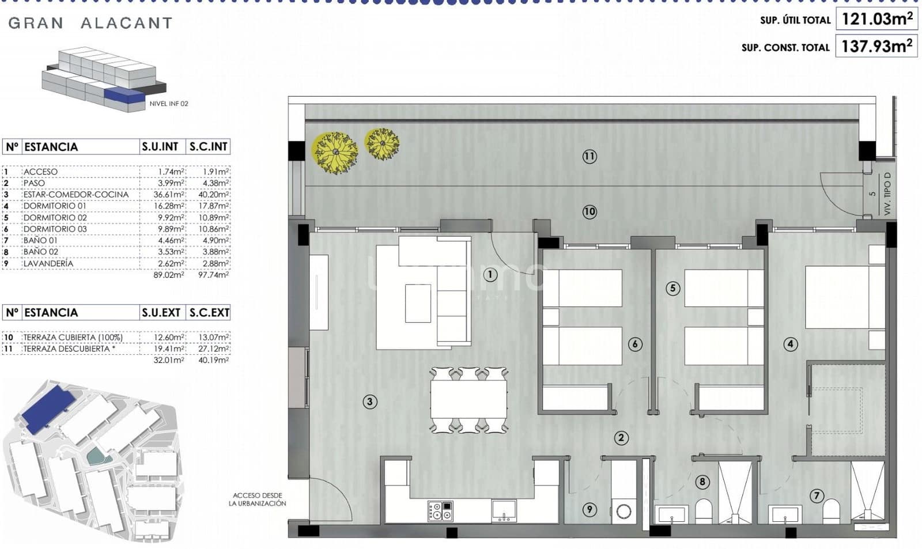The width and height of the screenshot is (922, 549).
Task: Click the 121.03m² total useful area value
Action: coord(877,19)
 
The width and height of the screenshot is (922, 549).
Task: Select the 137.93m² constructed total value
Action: coord(876,46)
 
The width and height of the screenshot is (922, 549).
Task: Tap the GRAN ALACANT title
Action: coord(90,23)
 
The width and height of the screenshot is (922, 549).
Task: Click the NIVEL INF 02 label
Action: coord(169,104)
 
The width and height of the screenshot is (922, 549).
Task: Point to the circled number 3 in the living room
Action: coord(370,402)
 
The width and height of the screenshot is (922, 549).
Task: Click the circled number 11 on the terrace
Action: coord(589,156)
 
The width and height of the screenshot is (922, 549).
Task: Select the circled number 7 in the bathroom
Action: coord(816,495)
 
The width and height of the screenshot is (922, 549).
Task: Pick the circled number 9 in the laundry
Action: coord(588,509)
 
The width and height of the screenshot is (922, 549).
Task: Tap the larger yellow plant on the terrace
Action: coord(334,152)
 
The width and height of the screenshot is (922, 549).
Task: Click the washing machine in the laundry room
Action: coord(624,511)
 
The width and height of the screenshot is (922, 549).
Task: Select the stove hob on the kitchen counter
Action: coord(440,511)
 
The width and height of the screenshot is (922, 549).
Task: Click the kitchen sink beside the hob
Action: coord(504,510)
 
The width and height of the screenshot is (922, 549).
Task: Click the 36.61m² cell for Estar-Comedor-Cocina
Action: coord(169,195)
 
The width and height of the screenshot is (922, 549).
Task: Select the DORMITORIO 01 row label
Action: coord(55,206)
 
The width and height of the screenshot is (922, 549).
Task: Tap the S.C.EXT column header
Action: coord(209,313)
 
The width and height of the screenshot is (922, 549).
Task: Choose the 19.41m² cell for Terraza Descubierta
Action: coord(169,349)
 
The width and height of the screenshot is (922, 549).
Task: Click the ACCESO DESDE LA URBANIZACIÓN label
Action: coord(257,499)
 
